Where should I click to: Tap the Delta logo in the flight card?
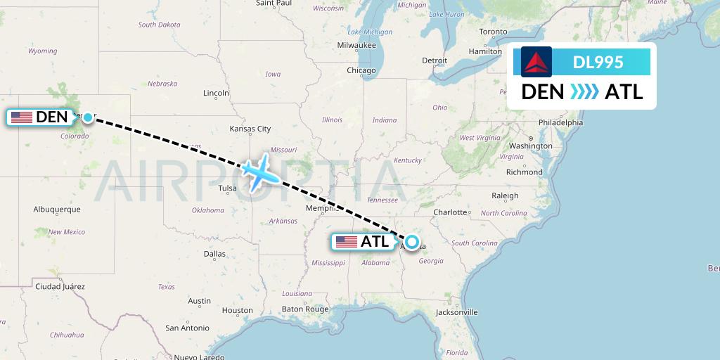pyautogui.click(x=536, y=62)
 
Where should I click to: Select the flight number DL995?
pyautogui.click(x=598, y=62)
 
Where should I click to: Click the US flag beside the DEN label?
pyautogui.click(x=22, y=117)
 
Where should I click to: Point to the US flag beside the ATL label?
pyautogui.click(x=347, y=242)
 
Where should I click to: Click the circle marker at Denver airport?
pyautogui.click(x=87, y=117)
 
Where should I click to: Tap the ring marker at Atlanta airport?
pyautogui.click(x=412, y=242)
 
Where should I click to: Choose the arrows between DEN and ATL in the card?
pyautogui.click(x=584, y=91)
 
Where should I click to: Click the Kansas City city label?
pyautogui.click(x=250, y=129)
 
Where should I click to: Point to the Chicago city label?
pyautogui.click(x=361, y=70)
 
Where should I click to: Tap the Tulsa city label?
pyautogui.click(x=228, y=188)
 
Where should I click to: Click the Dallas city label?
pyautogui.click(x=214, y=253)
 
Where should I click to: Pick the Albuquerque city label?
pyautogui.click(x=57, y=209)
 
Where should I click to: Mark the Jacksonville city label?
pyautogui.click(x=456, y=312)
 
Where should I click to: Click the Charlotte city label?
pyautogui.click(x=450, y=212)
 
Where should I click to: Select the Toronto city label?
pyautogui.click(x=493, y=32)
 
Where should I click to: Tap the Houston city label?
pyautogui.click(x=237, y=310)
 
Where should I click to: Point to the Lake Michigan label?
pyautogui.click(x=370, y=32)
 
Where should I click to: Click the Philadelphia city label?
pyautogui.click(x=560, y=122)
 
